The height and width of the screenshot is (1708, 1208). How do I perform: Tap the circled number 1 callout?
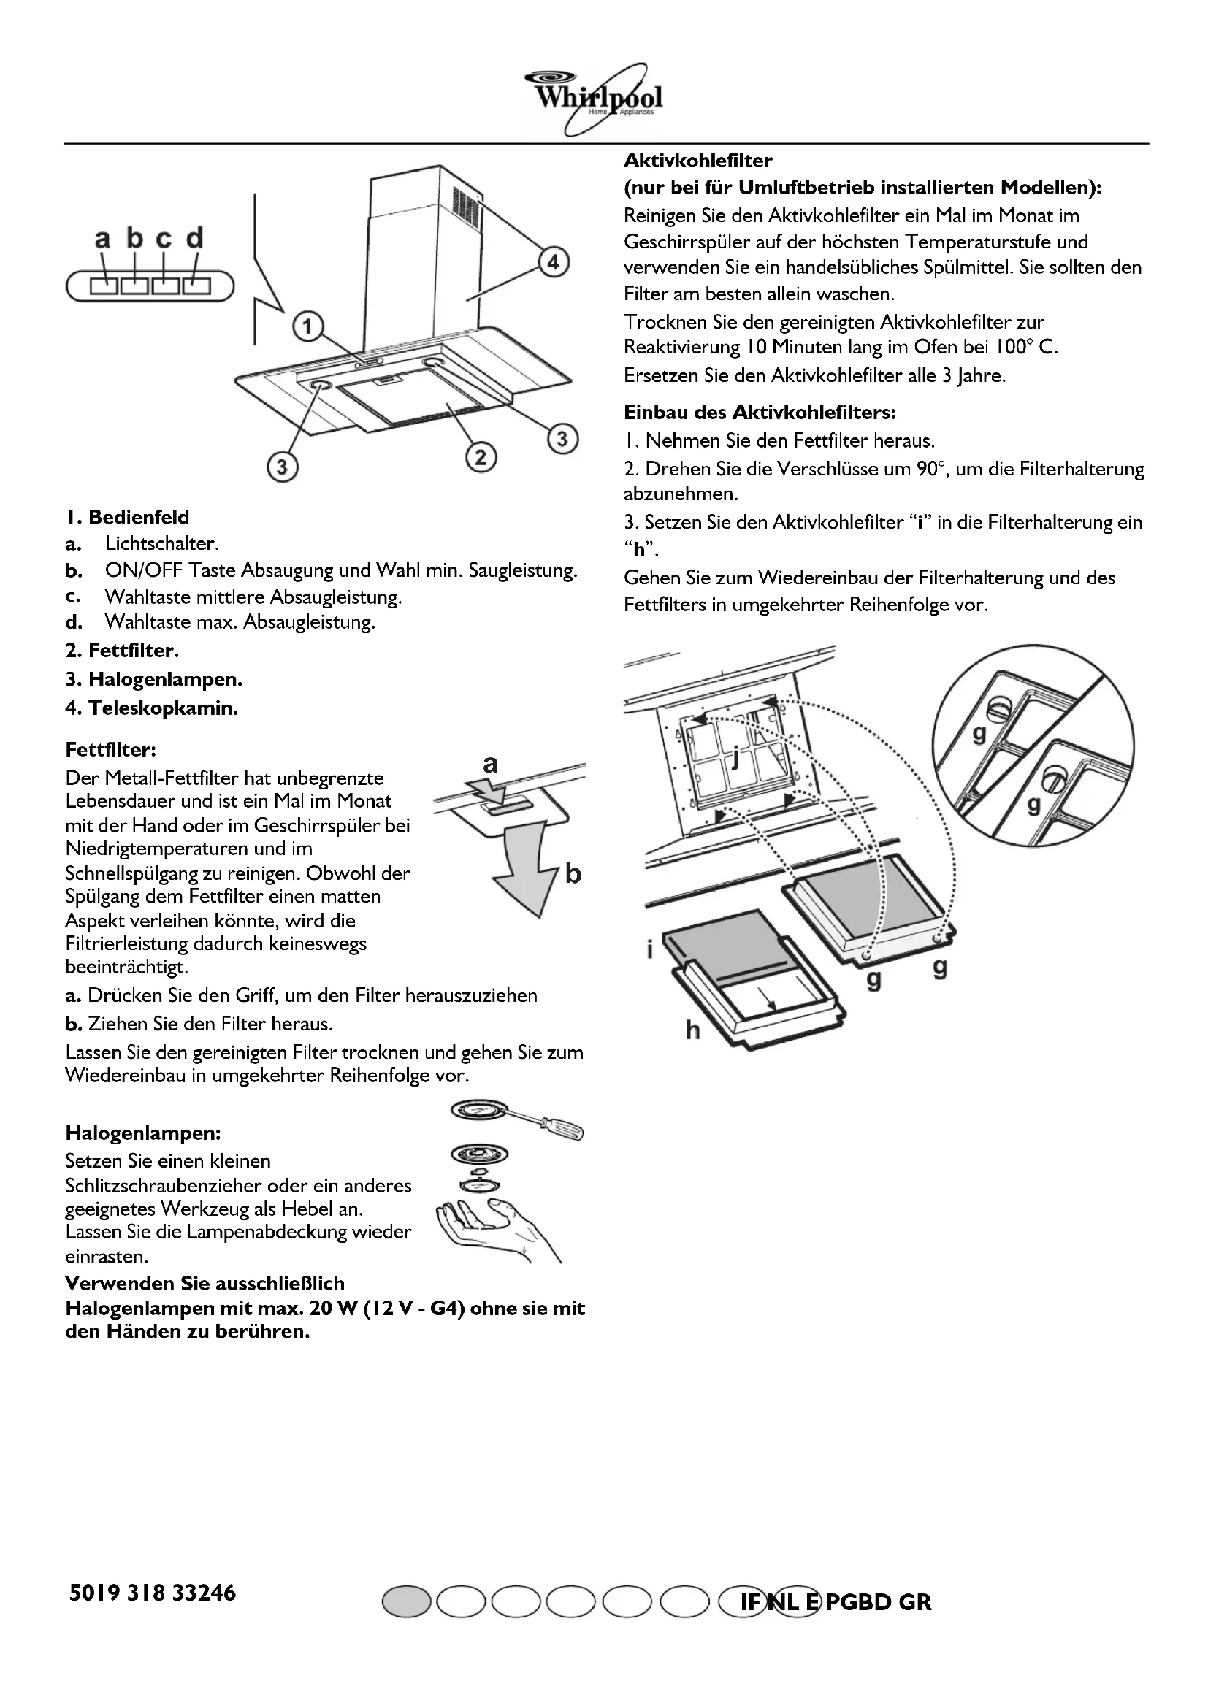click(307, 326)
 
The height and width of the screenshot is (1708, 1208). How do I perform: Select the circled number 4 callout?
click(554, 264)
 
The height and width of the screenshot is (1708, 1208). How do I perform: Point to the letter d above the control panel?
click(194, 239)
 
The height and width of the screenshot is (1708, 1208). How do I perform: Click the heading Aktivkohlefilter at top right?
click(697, 161)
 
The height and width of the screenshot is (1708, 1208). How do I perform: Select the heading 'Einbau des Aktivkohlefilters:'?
click(760, 412)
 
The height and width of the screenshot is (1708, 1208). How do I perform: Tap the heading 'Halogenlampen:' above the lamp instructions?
click(143, 1133)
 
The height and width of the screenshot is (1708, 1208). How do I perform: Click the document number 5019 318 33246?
click(152, 1593)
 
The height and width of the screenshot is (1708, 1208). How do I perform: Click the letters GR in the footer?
click(914, 1601)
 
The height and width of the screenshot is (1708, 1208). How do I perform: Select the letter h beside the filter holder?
click(692, 1030)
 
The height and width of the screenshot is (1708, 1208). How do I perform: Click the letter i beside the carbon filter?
click(649, 950)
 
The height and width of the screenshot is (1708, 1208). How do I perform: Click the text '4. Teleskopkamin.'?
click(152, 708)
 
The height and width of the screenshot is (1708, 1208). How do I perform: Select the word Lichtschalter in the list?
click(161, 544)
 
